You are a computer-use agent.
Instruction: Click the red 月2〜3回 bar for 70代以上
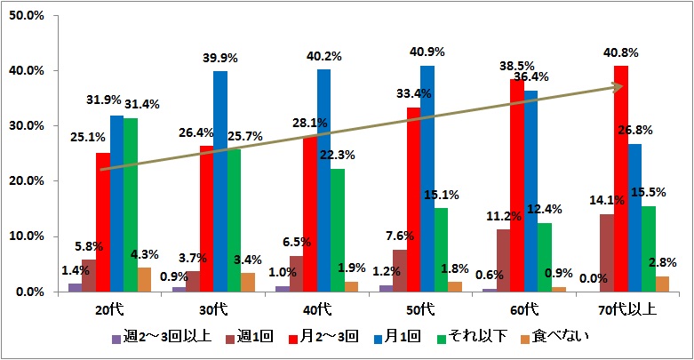pyautogui.click(x=621, y=178)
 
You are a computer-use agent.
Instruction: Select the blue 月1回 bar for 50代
pyautogui.click(x=427, y=178)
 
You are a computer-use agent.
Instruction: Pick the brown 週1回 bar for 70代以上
pyautogui.click(x=607, y=252)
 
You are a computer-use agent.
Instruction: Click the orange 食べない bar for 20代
pyautogui.click(x=144, y=279)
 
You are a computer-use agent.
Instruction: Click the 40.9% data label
pyautogui.click(x=427, y=52)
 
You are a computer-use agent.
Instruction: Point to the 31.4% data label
pyautogui.click(x=142, y=105)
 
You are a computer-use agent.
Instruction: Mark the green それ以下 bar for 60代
pyautogui.click(x=545, y=257)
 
